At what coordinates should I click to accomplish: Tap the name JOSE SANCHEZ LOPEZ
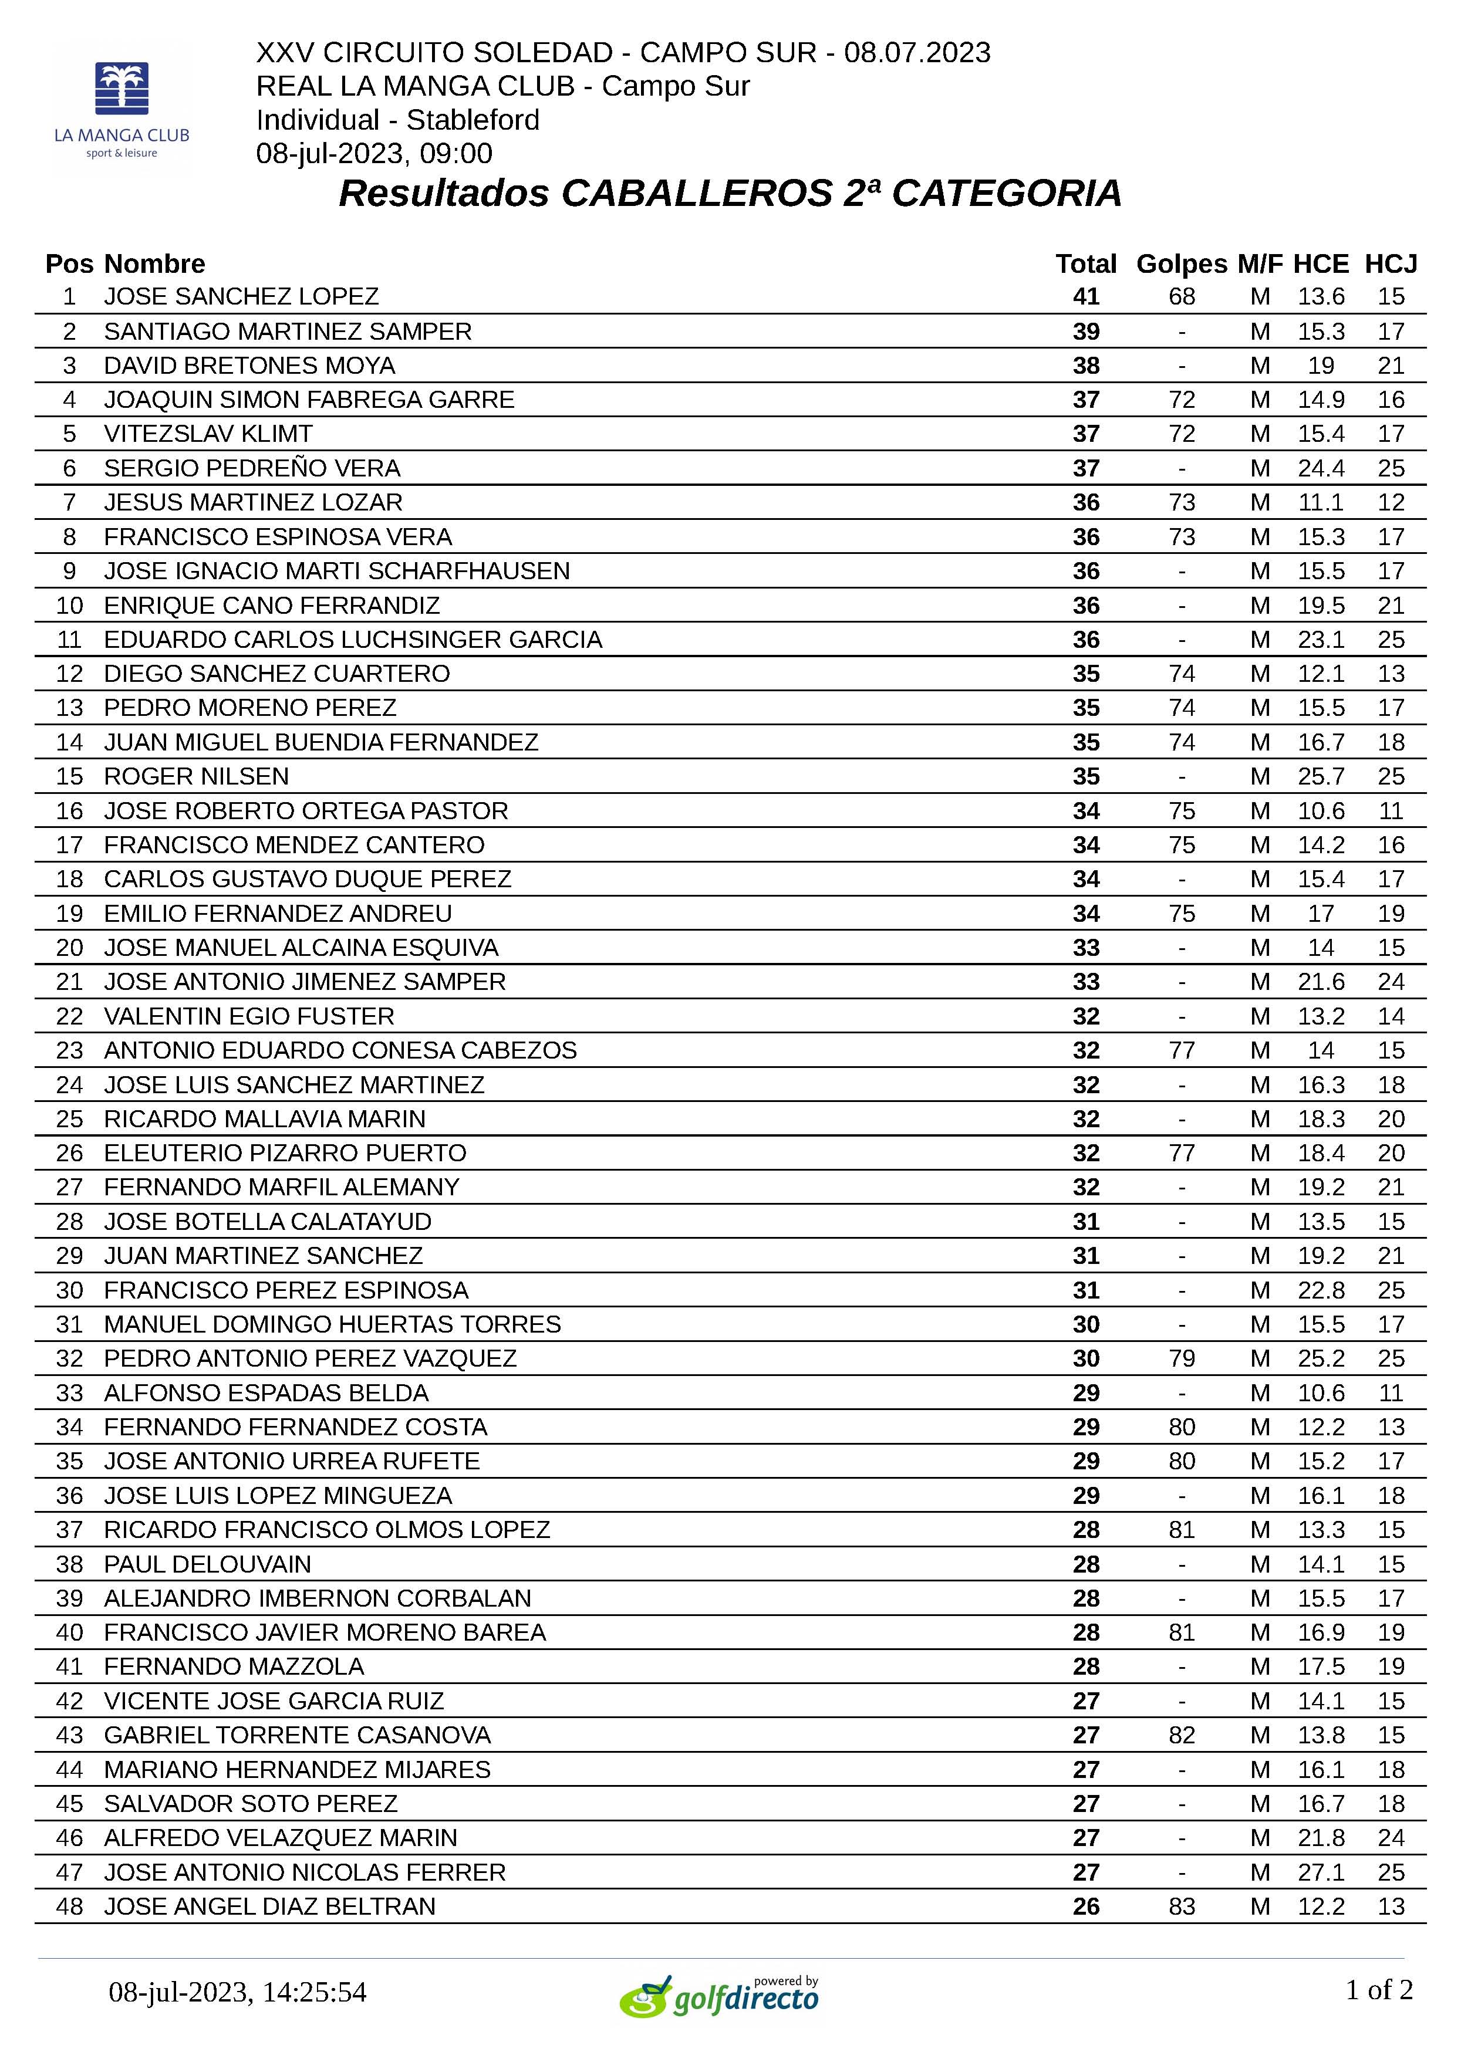pos(241,297)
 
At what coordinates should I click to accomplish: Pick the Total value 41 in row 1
pos(1086,297)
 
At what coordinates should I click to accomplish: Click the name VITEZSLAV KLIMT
pos(208,434)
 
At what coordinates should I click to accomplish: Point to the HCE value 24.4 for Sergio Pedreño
pos(1321,468)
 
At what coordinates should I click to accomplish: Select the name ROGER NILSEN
pos(196,776)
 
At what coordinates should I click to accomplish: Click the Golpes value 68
pos(1181,297)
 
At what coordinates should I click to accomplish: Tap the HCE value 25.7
pos(1321,776)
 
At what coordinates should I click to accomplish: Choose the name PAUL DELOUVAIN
pos(207,1564)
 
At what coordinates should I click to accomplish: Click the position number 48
pos(69,1906)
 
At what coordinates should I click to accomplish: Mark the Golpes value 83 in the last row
pos(1181,1906)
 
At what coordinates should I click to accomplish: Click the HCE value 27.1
pos(1321,1872)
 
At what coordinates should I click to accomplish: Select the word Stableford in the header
pos(473,120)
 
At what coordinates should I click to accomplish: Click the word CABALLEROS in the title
pos(696,193)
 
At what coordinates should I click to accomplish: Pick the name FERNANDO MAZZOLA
pos(234,1666)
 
